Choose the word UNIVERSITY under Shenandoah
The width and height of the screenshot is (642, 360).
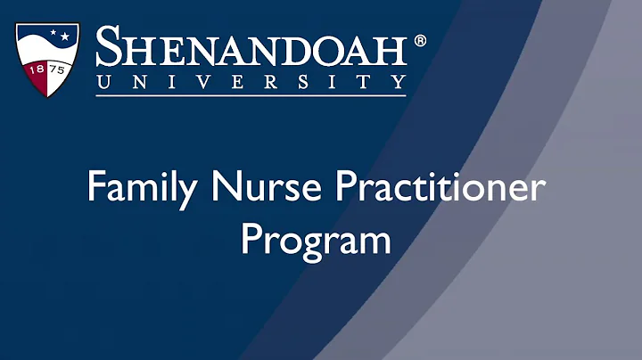[251, 81]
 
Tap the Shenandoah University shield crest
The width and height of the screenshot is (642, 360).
[49, 60]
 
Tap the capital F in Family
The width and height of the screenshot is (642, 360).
[95, 189]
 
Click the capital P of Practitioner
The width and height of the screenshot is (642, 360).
[333, 189]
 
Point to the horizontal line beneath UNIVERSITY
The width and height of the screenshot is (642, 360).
[251, 94]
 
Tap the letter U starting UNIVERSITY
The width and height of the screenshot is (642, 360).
[104, 81]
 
